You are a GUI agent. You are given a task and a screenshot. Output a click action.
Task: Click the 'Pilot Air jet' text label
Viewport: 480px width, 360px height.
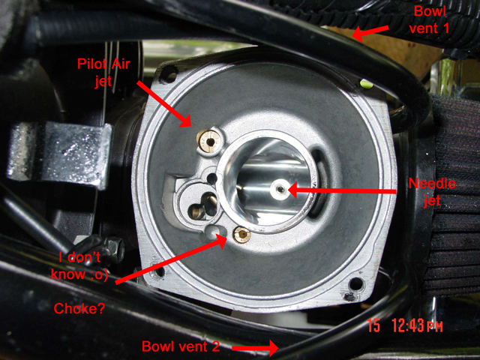(x=103, y=73)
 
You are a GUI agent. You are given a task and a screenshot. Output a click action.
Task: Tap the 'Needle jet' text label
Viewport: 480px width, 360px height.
(x=432, y=192)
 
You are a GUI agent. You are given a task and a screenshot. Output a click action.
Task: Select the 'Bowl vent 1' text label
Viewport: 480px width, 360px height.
(x=429, y=20)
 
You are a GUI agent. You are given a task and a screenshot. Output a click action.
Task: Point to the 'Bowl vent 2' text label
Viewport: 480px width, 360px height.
(x=181, y=346)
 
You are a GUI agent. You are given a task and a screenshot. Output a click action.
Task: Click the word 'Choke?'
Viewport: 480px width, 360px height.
(x=79, y=308)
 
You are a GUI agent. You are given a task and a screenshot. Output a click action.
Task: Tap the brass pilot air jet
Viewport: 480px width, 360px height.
(x=208, y=141)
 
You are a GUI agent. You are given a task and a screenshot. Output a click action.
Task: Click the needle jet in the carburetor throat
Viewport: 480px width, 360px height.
(x=280, y=190)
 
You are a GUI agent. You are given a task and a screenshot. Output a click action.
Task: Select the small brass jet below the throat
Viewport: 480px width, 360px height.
(x=242, y=235)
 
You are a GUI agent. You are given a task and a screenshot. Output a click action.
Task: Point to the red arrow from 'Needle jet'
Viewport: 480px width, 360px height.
(x=342, y=190)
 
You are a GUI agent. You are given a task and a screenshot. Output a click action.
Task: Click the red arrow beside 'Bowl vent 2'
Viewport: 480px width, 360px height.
(x=255, y=348)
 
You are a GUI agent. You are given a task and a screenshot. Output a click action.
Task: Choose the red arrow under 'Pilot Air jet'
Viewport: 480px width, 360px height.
(x=164, y=104)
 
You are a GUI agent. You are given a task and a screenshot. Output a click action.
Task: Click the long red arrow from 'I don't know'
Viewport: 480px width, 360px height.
(x=172, y=259)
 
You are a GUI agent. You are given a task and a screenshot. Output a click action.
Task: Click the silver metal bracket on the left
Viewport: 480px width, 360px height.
(x=60, y=154)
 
